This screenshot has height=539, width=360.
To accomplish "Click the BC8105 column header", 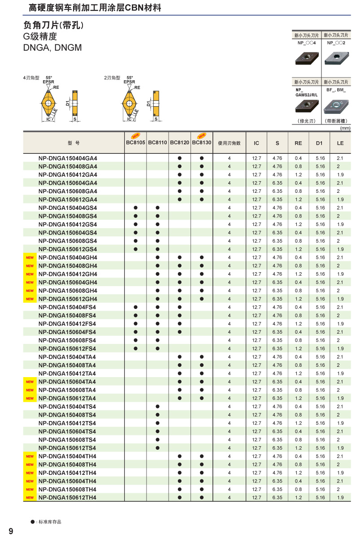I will [x=135, y=143].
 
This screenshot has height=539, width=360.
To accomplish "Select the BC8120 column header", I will [x=179, y=143].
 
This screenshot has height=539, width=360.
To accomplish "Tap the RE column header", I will [x=298, y=143].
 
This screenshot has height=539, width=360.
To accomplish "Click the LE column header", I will [x=340, y=143].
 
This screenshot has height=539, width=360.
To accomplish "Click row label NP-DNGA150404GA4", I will [x=68, y=158].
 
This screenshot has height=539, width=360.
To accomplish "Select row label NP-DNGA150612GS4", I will [x=68, y=249].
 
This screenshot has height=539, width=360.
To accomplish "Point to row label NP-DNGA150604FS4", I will [x=67, y=332].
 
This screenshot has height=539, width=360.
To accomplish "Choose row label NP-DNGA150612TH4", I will [x=67, y=497].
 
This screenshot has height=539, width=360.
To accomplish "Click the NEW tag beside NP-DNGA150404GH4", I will [x=30, y=257].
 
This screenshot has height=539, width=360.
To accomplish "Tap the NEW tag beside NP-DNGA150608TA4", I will [x=30, y=390].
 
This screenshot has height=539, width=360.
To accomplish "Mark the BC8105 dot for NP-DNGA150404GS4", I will [x=135, y=208].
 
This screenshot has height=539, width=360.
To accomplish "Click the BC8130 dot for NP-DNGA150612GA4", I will [x=202, y=200].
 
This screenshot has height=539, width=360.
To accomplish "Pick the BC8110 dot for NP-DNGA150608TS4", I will [x=157, y=439].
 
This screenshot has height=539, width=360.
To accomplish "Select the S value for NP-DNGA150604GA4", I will [x=277, y=183].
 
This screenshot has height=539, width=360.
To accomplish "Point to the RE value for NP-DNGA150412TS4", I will [x=298, y=423].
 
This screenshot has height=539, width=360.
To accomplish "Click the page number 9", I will [x=11, y=531].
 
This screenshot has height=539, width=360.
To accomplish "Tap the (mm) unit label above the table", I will [x=345, y=128].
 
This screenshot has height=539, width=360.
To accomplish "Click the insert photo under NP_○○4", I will [x=306, y=58].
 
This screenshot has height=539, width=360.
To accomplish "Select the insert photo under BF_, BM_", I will [x=336, y=107].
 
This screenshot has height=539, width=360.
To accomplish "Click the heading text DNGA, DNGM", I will [x=52, y=47].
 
